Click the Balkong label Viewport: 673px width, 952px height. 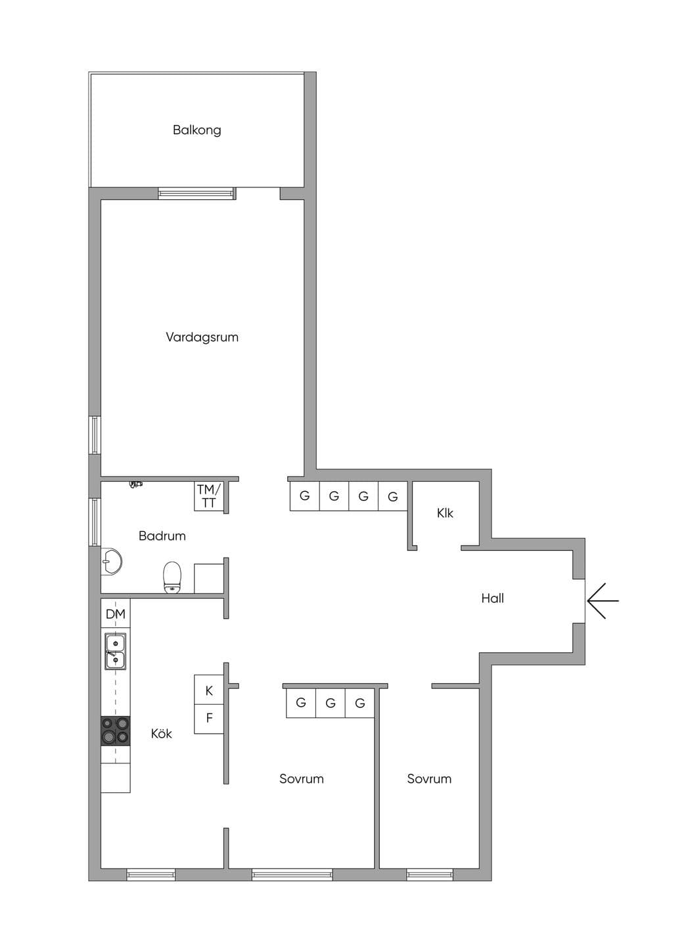point(197,130)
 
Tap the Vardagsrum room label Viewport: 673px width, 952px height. point(202,337)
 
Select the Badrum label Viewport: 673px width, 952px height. point(162,536)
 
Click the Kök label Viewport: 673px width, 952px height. point(162,734)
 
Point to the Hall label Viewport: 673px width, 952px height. point(492,598)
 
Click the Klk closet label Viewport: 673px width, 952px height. point(445,513)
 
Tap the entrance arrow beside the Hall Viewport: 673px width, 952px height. point(603,601)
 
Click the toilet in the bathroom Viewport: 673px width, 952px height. point(172,577)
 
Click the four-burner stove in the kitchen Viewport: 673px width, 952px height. point(116,730)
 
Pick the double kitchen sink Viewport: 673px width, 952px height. point(116,651)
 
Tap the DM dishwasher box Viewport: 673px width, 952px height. point(116,613)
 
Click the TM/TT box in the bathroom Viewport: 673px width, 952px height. point(209,496)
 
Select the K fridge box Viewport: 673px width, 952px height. point(209,690)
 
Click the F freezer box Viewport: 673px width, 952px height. point(209,719)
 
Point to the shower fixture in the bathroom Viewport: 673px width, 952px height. point(136,484)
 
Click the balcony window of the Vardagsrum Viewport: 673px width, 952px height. point(197,194)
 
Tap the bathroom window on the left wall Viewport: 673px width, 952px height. point(95,522)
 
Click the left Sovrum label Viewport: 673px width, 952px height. point(301,779)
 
